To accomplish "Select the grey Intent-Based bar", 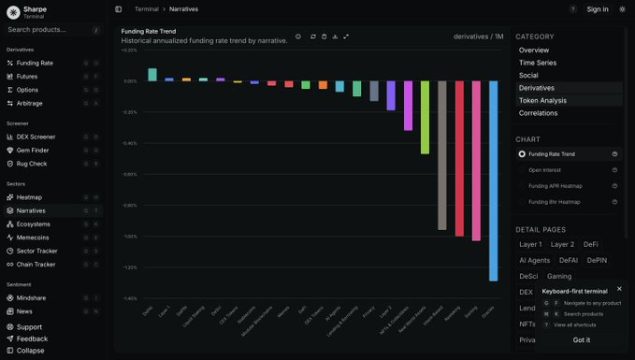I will pyautogui.click(x=442, y=154).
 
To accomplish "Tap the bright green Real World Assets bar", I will pyautogui.click(x=426, y=117).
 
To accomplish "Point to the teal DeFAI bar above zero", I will pyautogui.click(x=152, y=75).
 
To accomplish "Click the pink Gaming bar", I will pyautogui.click(x=476, y=160).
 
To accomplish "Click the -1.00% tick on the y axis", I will pyautogui.click(x=130, y=237).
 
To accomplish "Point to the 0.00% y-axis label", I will pyautogui.click(x=130, y=81).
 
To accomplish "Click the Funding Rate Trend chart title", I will pyautogui.click(x=149, y=31).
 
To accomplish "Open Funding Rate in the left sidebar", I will pyautogui.click(x=35, y=63).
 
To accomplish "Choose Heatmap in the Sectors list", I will pyautogui.click(x=29, y=197).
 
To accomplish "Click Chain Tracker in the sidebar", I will pyautogui.click(x=36, y=265).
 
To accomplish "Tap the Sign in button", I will pyautogui.click(x=598, y=9).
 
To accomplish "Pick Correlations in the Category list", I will pyautogui.click(x=538, y=113).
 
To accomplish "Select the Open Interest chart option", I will pyautogui.click(x=544, y=170).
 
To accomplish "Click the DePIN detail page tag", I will pyautogui.click(x=597, y=260).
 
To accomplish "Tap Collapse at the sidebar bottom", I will pyautogui.click(x=30, y=351).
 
